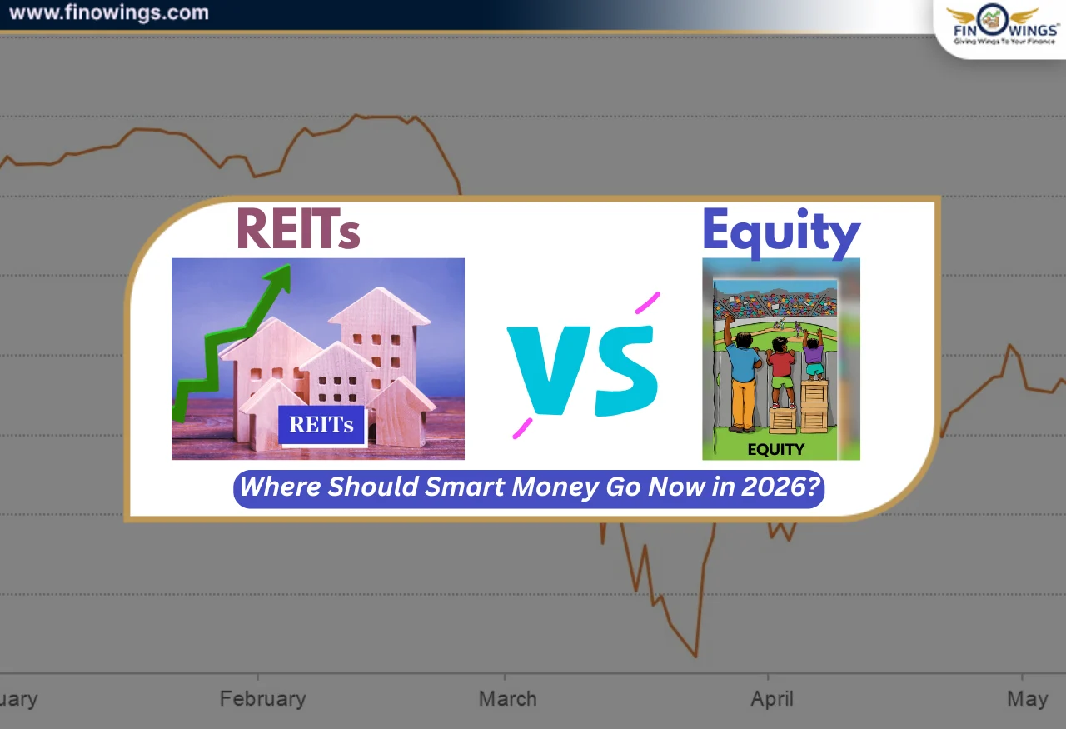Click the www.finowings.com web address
108,13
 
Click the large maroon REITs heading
298,229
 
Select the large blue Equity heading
780,232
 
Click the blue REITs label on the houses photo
321,425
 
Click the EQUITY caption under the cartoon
775,449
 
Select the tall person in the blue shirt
740,375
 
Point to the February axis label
262,698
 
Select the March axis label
508,698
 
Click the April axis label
771,698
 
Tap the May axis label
1027,698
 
